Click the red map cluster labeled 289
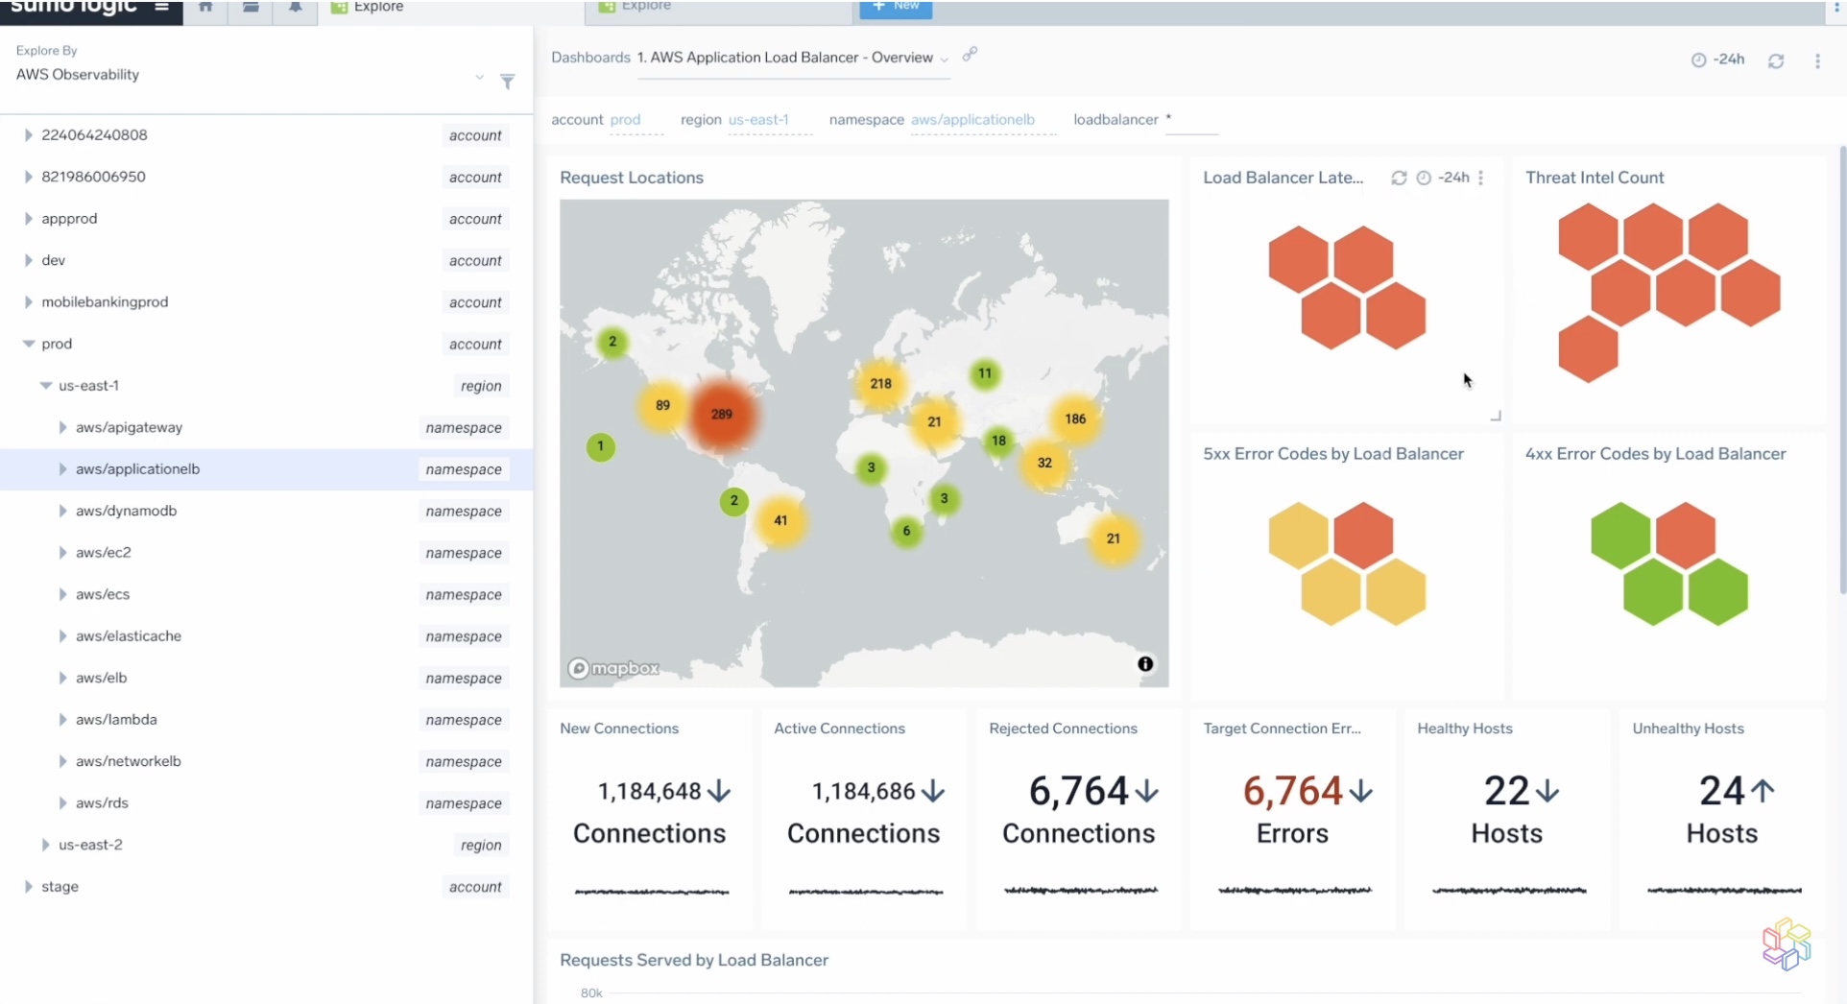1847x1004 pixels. (722, 415)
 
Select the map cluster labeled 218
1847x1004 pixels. (880, 384)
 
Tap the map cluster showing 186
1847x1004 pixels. (1075, 419)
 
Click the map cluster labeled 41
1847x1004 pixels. (780, 521)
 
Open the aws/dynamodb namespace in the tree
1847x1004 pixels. (126, 511)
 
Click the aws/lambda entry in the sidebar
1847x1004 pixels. (116, 720)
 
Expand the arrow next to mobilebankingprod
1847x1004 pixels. (28, 302)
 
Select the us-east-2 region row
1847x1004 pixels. (90, 845)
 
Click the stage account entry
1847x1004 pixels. (60, 887)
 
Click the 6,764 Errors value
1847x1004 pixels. (1292, 792)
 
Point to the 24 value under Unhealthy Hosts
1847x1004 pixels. (1721, 792)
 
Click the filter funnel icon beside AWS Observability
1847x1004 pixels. (508, 82)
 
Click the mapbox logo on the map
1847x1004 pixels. (614, 668)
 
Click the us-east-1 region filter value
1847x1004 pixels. (758, 120)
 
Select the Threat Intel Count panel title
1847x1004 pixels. (1595, 178)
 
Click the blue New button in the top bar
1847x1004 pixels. (896, 7)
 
